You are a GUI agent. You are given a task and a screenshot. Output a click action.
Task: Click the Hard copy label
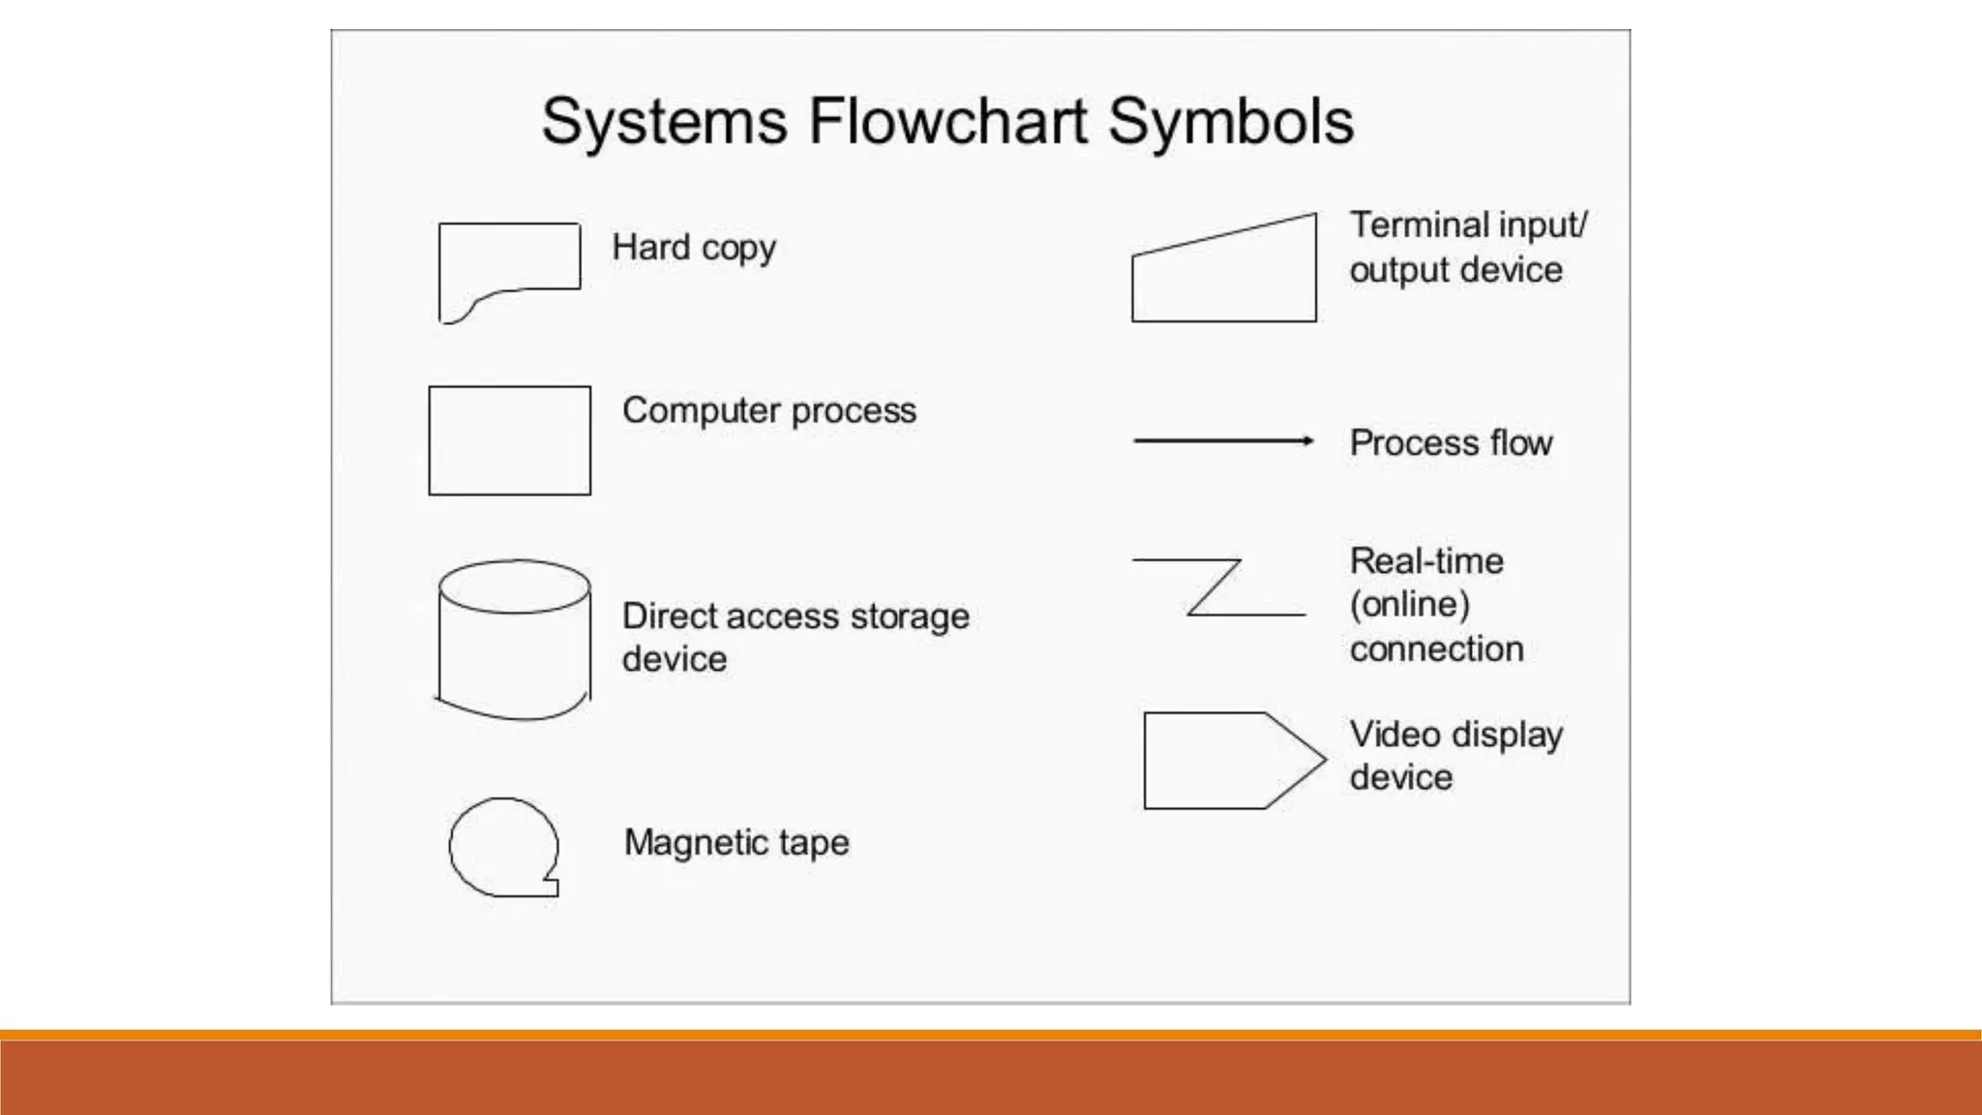pos(694,248)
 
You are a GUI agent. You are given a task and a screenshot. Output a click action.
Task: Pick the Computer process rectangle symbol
pos(509,440)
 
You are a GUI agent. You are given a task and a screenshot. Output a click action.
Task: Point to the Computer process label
pos(768,410)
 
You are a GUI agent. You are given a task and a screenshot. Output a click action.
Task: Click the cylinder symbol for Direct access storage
pos(514,640)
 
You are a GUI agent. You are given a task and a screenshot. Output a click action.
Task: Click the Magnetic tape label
pos(736,842)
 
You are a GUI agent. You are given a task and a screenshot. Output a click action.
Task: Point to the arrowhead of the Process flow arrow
pos(1308,440)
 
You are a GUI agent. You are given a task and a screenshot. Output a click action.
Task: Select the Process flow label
pos(1451,442)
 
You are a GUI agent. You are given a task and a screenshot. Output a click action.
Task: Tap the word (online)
pos(1410,604)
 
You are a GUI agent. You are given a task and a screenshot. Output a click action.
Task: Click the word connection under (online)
pos(1436,648)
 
